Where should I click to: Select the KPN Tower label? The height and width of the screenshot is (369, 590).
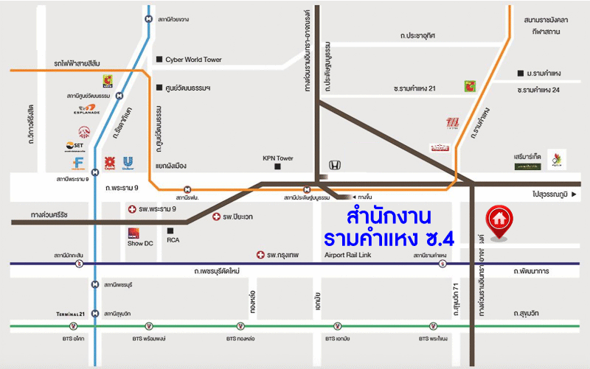[278, 158]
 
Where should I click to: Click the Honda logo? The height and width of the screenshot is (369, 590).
[334, 166]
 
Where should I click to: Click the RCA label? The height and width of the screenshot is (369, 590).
[173, 239]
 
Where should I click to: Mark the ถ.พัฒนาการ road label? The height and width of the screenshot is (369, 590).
[534, 272]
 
